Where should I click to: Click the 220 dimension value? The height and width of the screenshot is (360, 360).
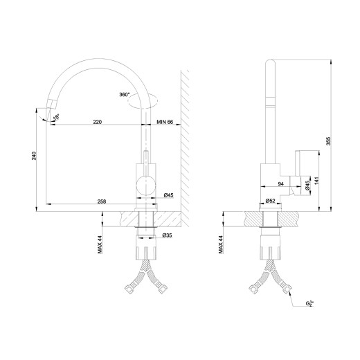(98, 122)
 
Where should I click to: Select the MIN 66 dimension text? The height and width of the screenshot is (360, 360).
(165, 122)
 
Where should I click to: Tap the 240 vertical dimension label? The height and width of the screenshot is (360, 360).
(34, 156)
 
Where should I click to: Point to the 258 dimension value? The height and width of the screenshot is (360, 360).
(102, 201)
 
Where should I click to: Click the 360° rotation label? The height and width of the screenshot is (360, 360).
(125, 94)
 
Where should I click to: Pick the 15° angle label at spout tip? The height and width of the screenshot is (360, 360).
(56, 117)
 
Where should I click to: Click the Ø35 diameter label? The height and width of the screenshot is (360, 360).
(168, 235)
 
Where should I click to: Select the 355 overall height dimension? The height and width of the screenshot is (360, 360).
(328, 141)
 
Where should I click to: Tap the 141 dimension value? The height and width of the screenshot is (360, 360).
(316, 181)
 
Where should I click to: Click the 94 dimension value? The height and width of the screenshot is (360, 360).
(281, 184)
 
